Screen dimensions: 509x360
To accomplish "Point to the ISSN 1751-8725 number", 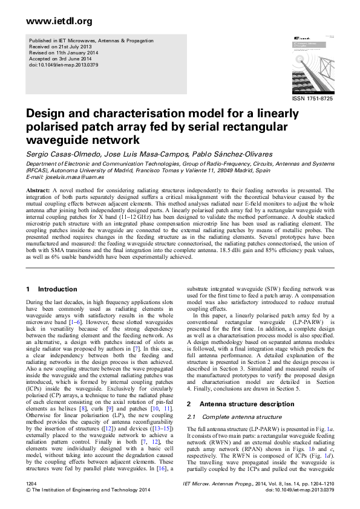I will click(x=312, y=98).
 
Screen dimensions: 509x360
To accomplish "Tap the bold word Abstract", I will click(x=38, y=190).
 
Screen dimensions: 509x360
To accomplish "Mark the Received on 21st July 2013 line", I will click(x=58, y=47).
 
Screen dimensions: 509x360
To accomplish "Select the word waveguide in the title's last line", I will click(x=56, y=140).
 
